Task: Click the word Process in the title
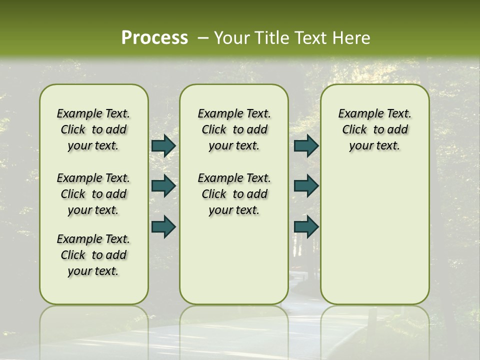[x=154, y=38]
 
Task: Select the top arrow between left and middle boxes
[x=163, y=145]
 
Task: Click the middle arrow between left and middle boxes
[x=163, y=186]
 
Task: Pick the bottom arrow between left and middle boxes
[x=163, y=226]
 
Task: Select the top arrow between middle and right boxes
[x=306, y=145]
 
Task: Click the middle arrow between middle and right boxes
[x=306, y=186]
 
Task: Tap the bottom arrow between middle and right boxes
[x=306, y=226]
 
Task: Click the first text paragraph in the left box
[x=93, y=129]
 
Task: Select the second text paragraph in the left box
[x=93, y=194]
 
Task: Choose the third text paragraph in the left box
[x=93, y=255]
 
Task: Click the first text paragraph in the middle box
[x=234, y=129]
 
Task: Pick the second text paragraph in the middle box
[x=234, y=194]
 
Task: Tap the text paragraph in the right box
[x=374, y=129]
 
